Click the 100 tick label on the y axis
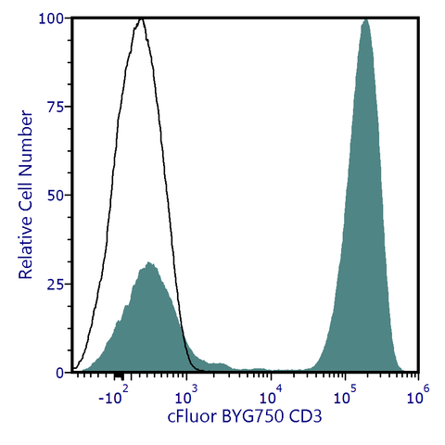point(50,19)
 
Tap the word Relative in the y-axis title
point(27,247)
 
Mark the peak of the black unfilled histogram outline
point(140,19)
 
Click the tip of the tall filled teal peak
point(366,19)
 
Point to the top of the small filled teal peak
point(148,263)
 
